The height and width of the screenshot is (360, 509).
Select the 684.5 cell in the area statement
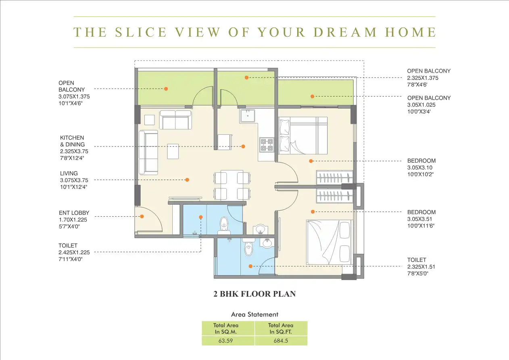tap(281, 340)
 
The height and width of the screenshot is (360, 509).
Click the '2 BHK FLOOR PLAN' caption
tap(255, 294)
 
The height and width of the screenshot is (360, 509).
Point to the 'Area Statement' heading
tap(255, 314)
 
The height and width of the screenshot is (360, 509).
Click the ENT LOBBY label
tap(74, 213)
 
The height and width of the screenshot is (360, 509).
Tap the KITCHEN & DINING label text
tap(73, 141)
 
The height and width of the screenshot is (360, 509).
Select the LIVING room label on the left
tap(69, 173)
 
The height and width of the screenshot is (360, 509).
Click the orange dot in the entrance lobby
tap(142, 217)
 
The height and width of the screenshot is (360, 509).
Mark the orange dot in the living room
tap(187, 180)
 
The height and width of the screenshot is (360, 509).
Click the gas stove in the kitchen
tap(267, 144)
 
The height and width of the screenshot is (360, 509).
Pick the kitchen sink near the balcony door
tap(246, 116)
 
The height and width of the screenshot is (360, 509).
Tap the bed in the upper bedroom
tap(302, 135)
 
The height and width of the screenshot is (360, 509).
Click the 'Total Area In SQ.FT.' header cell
tap(281, 328)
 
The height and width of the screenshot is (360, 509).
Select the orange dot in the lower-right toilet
tap(250, 266)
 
